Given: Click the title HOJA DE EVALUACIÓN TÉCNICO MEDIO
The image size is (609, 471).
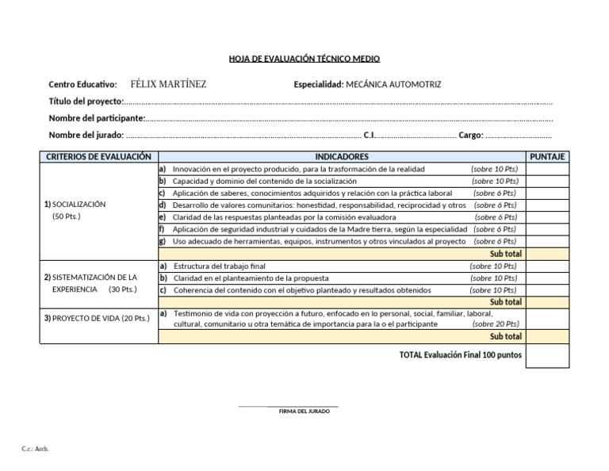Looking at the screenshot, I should point(304,59).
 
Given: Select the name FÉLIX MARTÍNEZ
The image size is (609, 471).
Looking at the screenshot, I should point(167,84).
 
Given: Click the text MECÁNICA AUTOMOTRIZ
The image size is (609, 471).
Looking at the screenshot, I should point(393,85).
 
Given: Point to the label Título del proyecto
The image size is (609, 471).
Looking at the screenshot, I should point(86,101).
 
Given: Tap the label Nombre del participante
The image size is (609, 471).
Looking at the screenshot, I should point(97,118).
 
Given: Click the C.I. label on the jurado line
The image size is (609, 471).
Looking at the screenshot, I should point(369,135).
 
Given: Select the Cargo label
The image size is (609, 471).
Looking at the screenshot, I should point(470,135).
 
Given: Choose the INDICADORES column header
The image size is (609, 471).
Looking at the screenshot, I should point(341,157).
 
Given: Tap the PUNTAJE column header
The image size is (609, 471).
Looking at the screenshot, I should point(547,157).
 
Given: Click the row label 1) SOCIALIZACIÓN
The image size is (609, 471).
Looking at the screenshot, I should point(75,205).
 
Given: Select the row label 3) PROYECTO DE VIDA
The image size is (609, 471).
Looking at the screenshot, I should point(97,318).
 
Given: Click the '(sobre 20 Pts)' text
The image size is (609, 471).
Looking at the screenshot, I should point(496,324).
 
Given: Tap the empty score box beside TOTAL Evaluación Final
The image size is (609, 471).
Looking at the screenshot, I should point(547,356).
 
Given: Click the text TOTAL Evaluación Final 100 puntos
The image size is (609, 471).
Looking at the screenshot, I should point(461,355).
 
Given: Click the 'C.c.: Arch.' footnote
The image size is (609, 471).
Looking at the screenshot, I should point(35,449).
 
